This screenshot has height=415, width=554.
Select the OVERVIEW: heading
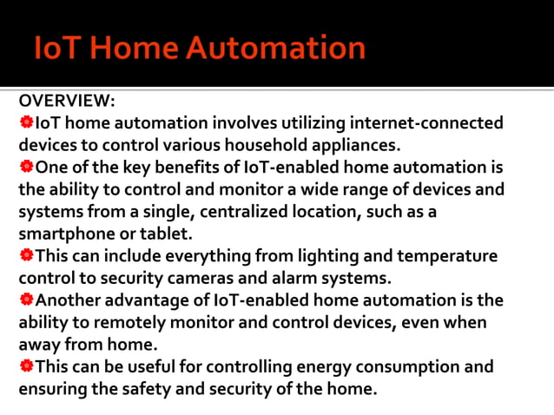tap(67, 101)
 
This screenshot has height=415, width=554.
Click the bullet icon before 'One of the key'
tap(26, 167)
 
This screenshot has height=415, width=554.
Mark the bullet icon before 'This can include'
tap(26, 256)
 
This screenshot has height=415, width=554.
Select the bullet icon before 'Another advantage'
tap(26, 300)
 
